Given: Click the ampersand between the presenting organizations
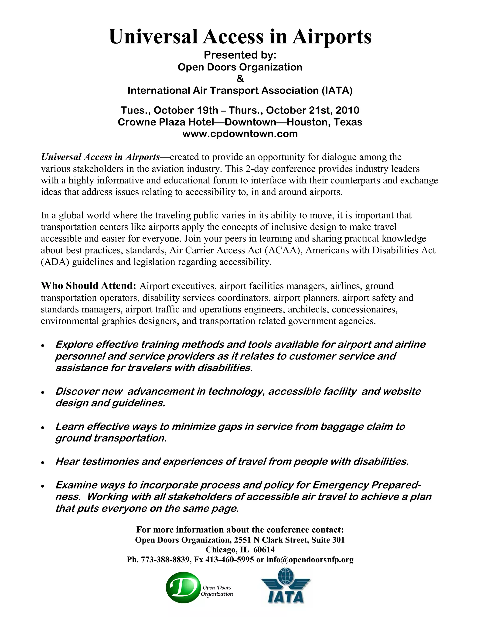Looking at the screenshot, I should (x=240, y=79).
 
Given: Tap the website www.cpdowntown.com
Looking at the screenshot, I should (x=240, y=134).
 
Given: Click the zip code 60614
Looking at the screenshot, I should (x=264, y=549).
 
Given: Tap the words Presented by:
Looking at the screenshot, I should (x=240, y=55).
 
